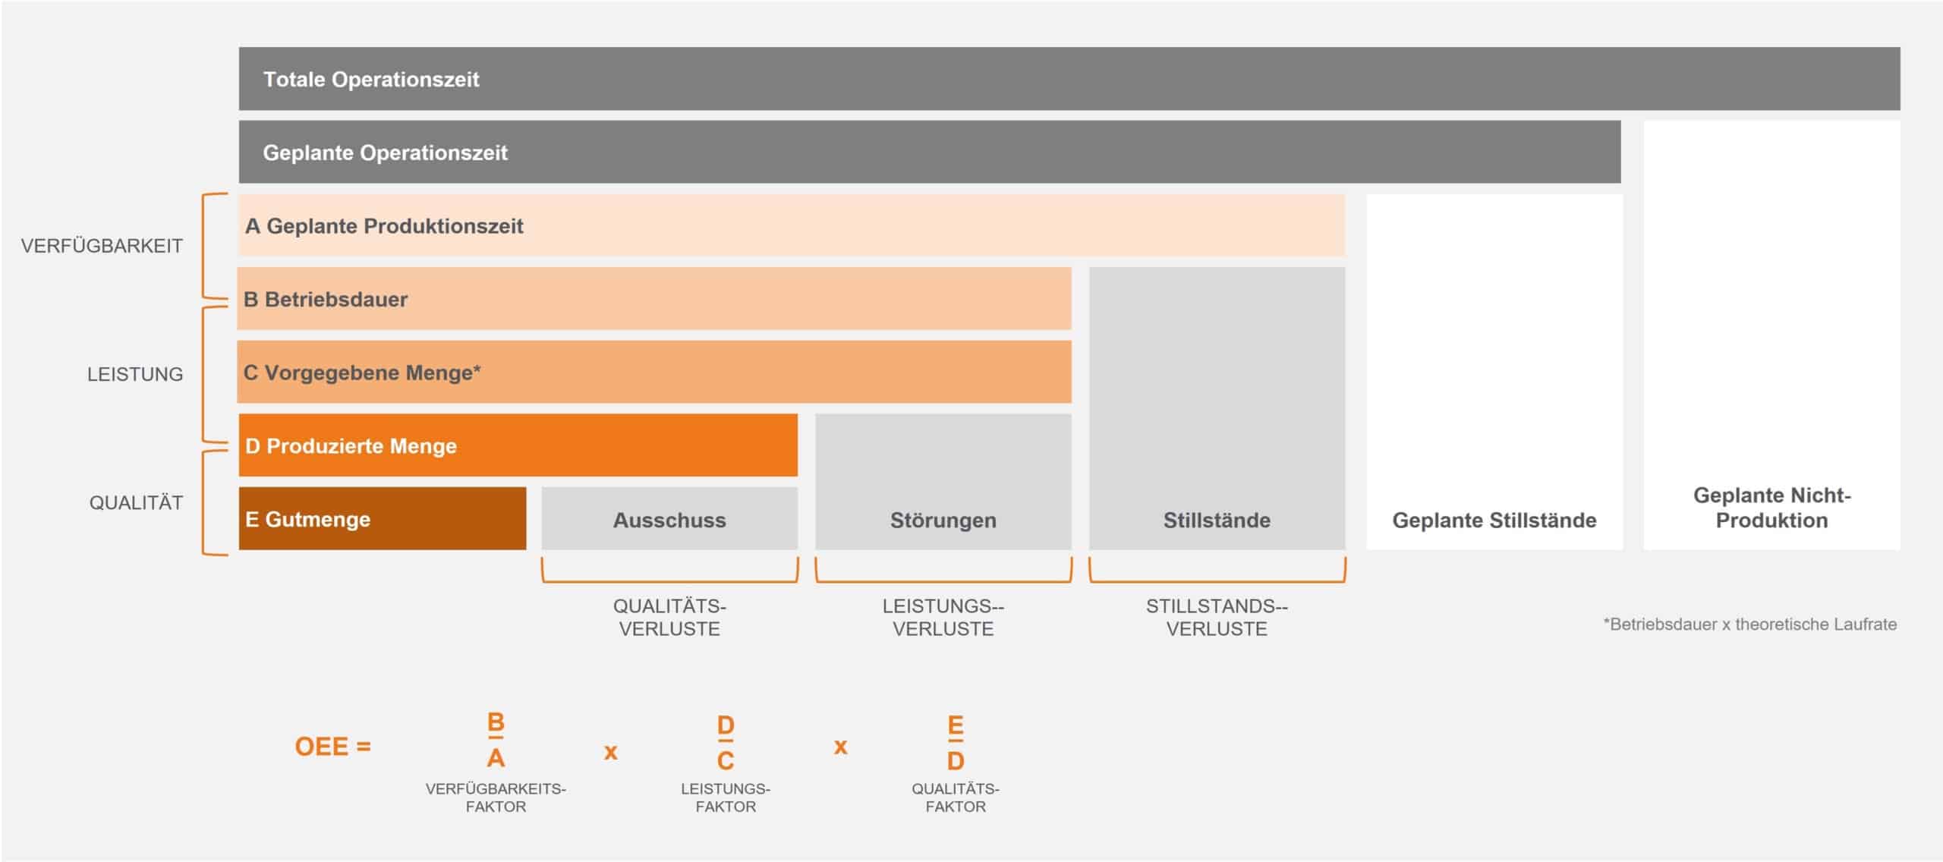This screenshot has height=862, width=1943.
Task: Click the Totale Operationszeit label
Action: point(371,79)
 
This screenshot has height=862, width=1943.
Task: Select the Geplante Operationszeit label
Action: point(385,153)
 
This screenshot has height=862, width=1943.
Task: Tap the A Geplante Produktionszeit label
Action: point(384,226)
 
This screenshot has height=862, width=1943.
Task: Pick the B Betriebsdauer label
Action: point(326,299)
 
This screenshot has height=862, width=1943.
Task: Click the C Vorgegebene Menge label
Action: point(362,373)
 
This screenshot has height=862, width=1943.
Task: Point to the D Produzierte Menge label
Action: point(351,445)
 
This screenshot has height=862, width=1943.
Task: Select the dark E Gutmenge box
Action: point(383,518)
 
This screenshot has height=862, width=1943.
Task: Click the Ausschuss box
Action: point(669,518)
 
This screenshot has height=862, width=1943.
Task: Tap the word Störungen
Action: point(943,521)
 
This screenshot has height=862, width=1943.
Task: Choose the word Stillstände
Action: point(1217,521)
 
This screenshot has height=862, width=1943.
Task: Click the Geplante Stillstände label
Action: point(1494,521)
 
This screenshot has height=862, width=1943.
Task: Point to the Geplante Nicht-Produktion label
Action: point(1772,508)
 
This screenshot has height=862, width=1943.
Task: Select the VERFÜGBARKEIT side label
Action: point(102,246)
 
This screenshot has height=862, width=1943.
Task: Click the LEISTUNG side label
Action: point(135,374)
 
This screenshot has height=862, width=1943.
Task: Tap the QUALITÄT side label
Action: point(136,502)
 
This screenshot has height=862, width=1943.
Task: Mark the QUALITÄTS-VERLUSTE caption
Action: point(669,617)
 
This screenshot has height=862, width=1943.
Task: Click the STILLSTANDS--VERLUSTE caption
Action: point(1217,617)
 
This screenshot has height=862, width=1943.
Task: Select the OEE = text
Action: point(332,747)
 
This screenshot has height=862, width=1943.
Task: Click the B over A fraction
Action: point(496,740)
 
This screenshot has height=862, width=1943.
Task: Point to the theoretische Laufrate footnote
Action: point(1749,624)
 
